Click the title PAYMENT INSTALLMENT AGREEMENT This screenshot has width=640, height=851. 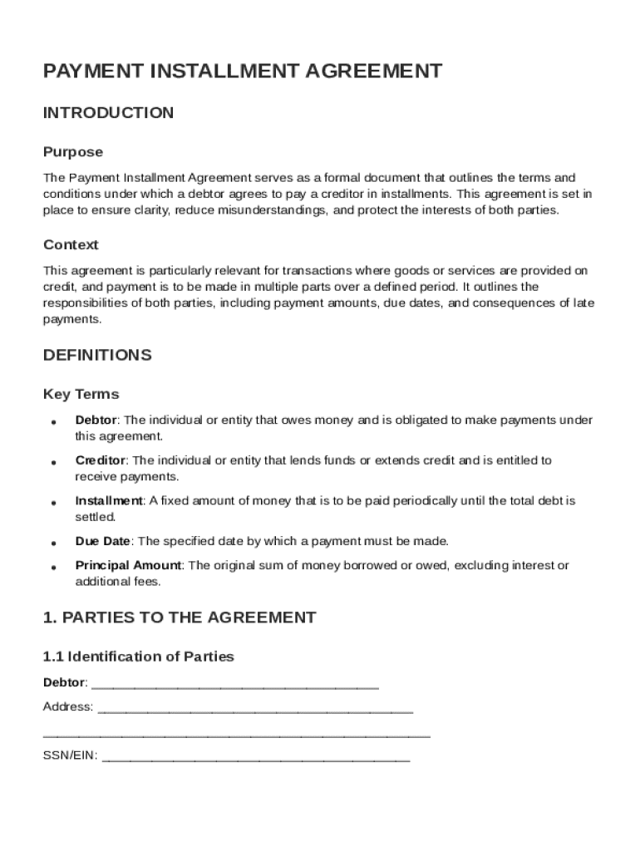pos(242,71)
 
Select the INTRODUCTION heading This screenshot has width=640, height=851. pos(108,113)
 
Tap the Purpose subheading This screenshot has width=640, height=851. pos(73,152)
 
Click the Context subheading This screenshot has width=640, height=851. pos(71,245)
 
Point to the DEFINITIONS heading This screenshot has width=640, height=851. pos(97,356)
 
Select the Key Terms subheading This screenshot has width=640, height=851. pos(81,394)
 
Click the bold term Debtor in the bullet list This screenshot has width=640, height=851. pos(96,421)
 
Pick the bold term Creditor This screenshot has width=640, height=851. pos(100,460)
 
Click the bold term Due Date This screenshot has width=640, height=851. pos(103,541)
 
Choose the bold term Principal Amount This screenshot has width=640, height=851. pos(129,566)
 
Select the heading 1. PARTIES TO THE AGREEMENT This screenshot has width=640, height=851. pos(179,617)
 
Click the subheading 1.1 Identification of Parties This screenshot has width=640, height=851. pos(138,657)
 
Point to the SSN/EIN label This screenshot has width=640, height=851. pos(70,756)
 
